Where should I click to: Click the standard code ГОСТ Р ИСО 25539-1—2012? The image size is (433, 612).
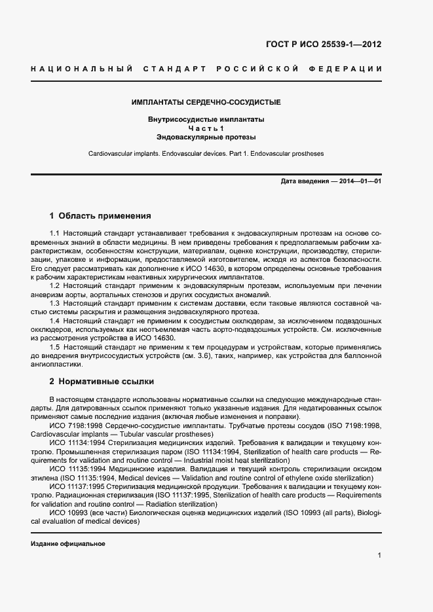pos(323,45)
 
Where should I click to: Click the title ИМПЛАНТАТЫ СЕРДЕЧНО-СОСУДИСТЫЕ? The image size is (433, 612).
pos(206,103)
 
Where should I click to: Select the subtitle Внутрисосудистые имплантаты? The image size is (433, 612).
pos(206,120)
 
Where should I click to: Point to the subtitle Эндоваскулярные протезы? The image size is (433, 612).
pos(206,137)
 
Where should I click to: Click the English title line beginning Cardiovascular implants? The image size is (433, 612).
pos(206,154)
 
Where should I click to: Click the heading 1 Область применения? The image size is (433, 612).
pos(100,215)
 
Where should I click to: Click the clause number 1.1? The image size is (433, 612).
pos(54,234)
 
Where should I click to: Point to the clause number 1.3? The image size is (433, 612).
pos(54,304)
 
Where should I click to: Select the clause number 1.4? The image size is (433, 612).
pos(54,321)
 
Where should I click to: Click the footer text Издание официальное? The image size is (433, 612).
pos(68,544)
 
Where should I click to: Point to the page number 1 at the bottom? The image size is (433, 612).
pos(379,556)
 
